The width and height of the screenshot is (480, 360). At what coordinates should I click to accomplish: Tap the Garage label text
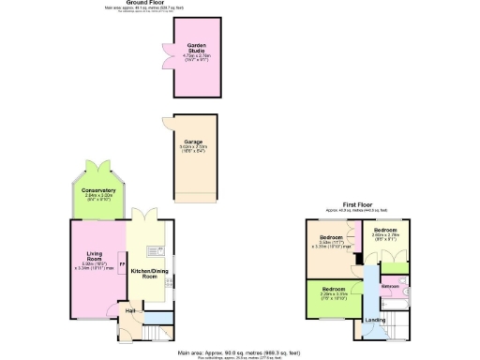point(194,142)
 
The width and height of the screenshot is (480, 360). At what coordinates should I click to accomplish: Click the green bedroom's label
point(334,289)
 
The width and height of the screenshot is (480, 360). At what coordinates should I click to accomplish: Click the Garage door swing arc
point(165,123)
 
